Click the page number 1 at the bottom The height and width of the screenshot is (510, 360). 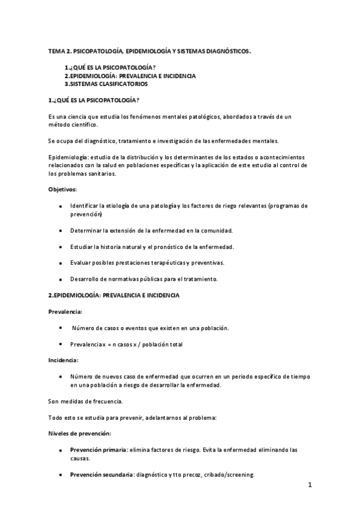310,485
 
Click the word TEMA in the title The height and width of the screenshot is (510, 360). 56,52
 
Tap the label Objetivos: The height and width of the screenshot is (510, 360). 63,189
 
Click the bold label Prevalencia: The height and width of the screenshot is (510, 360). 65,312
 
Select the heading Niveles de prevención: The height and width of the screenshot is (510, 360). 79,433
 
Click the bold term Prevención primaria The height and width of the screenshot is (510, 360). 98,449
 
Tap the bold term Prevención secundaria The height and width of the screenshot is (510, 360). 101,475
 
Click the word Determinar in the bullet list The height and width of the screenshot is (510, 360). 85,230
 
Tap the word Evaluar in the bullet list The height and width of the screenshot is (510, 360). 81,263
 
